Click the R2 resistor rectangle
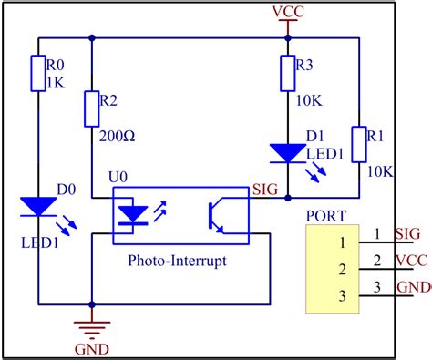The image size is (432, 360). pyautogui.click(x=92, y=108)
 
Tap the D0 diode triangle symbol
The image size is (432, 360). pyautogui.click(x=37, y=209)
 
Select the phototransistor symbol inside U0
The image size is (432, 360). pyautogui.click(x=217, y=212)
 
